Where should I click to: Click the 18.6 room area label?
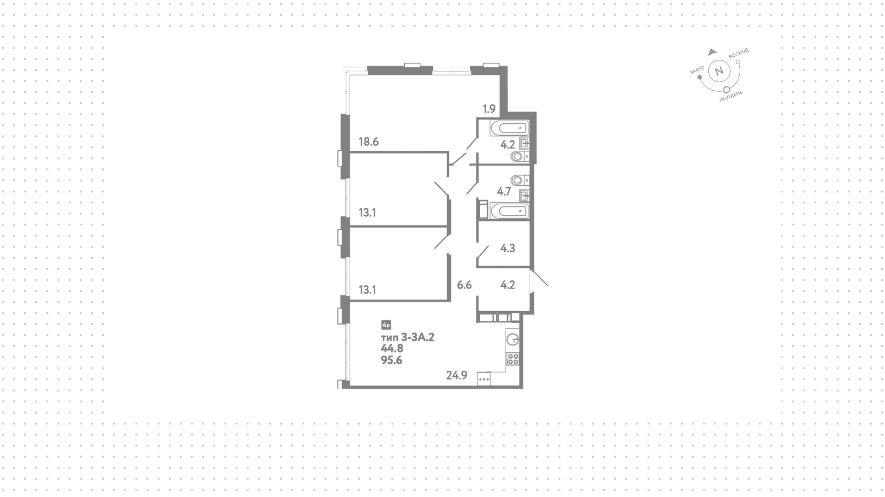tap(369, 142)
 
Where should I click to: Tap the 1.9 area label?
tap(489, 109)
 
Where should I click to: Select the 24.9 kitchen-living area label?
tap(457, 375)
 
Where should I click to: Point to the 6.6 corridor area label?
tap(464, 285)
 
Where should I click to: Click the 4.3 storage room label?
tap(507, 248)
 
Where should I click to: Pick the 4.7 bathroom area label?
tap(504, 191)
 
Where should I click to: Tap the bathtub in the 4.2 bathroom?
tap(509, 128)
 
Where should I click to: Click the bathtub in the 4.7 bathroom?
tap(509, 211)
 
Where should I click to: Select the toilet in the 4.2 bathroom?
tap(519, 157)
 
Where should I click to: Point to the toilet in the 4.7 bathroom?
tap(519, 180)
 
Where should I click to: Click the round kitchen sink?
tap(513, 340)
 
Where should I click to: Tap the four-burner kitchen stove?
tap(513, 359)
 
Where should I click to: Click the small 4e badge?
tap(386, 325)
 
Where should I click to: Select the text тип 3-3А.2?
tap(407, 337)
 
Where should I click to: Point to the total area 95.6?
tap(391, 361)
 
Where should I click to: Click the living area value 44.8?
tap(392, 349)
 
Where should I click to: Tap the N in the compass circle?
tap(719, 71)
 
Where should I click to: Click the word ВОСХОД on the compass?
tap(738, 53)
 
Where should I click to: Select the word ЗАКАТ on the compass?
tap(697, 70)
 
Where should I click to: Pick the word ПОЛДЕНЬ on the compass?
tap(731, 96)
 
